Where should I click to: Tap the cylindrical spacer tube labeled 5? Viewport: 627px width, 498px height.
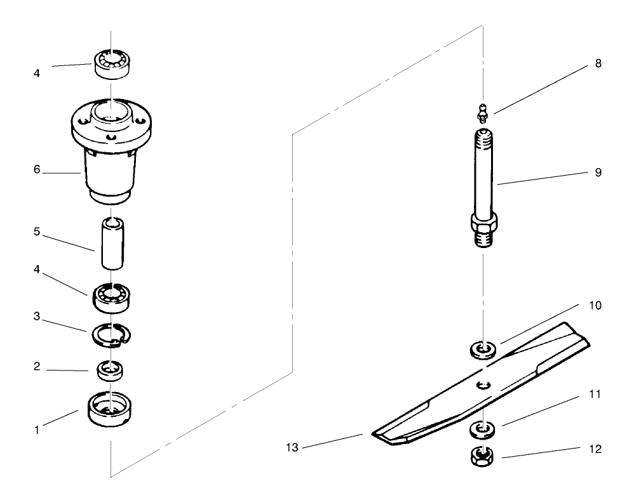point(111,244)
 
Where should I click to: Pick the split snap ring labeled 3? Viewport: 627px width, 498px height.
point(111,334)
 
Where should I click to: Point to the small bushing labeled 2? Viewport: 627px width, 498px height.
point(111,369)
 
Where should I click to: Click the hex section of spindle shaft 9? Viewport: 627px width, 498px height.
point(484,223)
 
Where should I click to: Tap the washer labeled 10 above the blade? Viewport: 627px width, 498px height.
point(484,349)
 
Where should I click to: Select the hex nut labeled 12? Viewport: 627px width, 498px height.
point(484,455)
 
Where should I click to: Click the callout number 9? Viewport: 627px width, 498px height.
point(598,172)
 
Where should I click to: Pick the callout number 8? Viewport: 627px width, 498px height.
point(598,64)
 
